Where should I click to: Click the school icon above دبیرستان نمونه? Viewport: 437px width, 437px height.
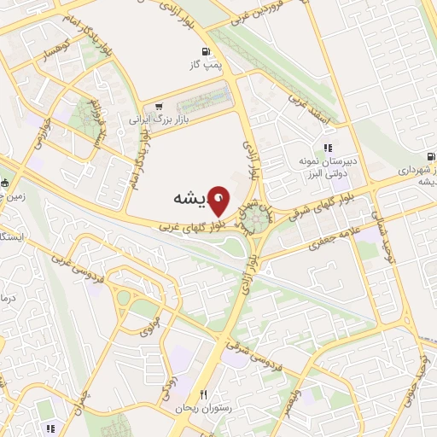pos(328,147)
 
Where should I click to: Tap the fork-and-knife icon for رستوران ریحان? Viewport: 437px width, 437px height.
pos(202,393)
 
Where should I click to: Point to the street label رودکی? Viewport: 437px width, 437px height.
pos(172,370)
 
